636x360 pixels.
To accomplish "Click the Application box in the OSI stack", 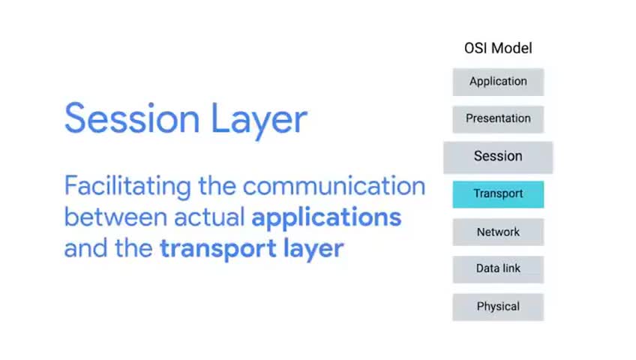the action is click(x=498, y=82).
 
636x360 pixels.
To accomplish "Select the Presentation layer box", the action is click(x=498, y=119).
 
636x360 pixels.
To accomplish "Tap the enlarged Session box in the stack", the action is click(x=498, y=157).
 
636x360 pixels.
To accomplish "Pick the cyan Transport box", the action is click(x=498, y=194).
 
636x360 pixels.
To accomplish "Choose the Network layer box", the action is click(x=498, y=232).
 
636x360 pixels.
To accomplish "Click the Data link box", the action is click(x=498, y=269).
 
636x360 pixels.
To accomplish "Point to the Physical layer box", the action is click(x=498, y=307).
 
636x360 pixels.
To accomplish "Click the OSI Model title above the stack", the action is click(x=498, y=48).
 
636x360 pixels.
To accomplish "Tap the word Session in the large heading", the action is click(x=132, y=118).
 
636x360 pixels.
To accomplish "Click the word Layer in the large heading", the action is click(x=259, y=121).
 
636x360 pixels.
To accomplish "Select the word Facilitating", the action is click(x=127, y=187).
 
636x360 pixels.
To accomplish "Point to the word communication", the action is click(x=334, y=186).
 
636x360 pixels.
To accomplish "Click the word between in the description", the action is click(x=115, y=217).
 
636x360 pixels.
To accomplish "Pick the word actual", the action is click(x=209, y=217).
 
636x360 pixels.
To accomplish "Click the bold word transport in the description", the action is click(x=218, y=249).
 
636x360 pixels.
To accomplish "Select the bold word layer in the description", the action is click(x=313, y=249).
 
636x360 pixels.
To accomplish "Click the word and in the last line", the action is click(x=86, y=248).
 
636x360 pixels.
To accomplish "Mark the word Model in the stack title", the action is click(x=512, y=48).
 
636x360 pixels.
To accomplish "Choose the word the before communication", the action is click(x=217, y=186).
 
